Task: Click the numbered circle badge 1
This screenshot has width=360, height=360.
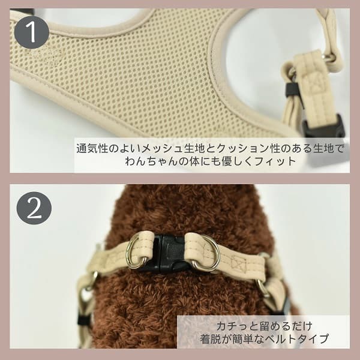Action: (31, 31)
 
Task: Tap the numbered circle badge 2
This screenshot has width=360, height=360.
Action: (34, 208)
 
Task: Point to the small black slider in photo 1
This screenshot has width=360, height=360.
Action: (292, 90)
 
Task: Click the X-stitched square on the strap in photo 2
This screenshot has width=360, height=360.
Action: (238, 263)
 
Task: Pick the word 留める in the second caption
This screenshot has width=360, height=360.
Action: (266, 325)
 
